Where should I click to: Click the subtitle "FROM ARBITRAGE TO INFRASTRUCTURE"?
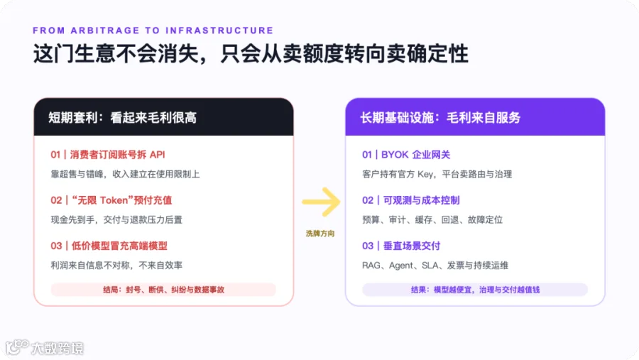point(153,31)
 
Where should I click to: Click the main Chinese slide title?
point(251,54)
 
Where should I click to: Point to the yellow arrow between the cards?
point(321,202)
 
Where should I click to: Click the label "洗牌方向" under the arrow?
point(320,234)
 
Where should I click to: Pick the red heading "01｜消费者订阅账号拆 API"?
point(108,155)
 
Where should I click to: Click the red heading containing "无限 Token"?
point(111,200)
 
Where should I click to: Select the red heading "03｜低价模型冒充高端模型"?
point(109,246)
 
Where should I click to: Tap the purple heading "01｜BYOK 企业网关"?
point(406,155)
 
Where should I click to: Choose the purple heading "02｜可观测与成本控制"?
point(411,200)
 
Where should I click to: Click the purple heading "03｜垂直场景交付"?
point(401,246)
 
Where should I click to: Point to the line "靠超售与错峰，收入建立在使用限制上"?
point(125,175)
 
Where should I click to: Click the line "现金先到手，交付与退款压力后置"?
point(116,219)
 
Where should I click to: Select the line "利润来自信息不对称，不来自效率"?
point(116,266)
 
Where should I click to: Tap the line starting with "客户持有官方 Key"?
point(437,175)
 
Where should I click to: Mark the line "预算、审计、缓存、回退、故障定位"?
point(432,219)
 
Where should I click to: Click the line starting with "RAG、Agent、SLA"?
point(435,266)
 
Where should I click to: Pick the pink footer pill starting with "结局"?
point(163,290)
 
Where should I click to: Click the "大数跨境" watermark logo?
point(45,347)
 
